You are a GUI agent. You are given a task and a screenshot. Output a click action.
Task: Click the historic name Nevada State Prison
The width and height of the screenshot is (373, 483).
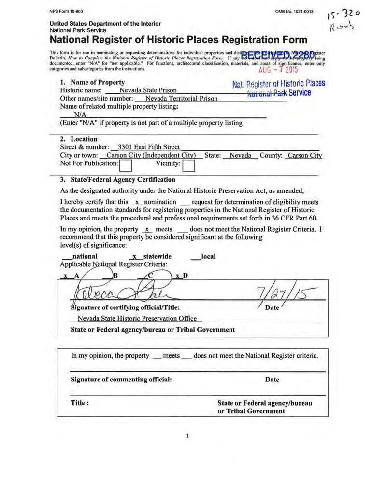tap(148, 90)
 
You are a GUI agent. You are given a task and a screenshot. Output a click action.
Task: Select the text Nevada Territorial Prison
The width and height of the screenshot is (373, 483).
tap(177, 99)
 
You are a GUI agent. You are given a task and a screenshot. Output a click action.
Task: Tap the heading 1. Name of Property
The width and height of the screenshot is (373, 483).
tap(92, 82)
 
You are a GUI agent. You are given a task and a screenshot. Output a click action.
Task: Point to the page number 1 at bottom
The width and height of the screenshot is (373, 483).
tap(186, 437)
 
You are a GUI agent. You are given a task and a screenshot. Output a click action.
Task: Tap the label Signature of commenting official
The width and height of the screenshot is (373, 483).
tap(121, 380)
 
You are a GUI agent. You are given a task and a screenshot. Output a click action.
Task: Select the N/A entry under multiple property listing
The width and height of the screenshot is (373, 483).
tap(80, 115)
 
